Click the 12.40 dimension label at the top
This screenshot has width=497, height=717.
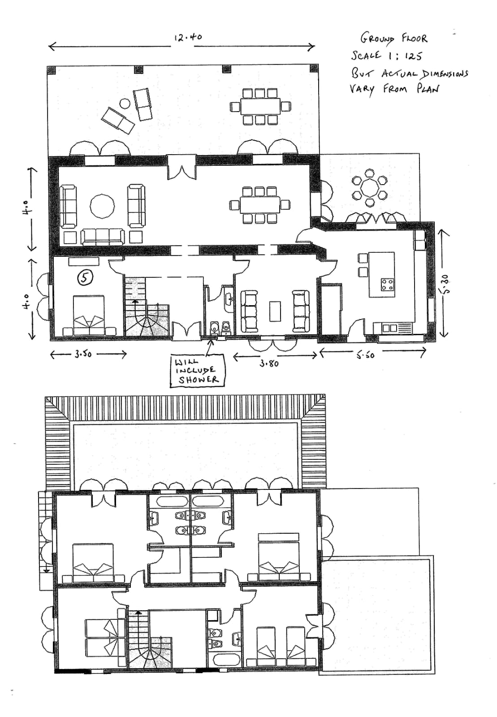[188, 37]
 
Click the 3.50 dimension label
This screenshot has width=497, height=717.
[83, 354]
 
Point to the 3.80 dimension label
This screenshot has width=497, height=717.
[269, 363]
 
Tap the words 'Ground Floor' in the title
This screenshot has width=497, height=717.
[394, 39]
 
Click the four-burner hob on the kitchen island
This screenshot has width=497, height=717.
[387, 285]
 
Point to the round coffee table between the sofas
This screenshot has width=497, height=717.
[102, 207]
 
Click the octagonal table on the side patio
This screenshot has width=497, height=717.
[369, 188]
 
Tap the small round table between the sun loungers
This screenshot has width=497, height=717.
[125, 104]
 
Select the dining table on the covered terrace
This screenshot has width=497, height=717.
[260, 106]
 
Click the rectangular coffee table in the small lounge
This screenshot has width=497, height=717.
[275, 311]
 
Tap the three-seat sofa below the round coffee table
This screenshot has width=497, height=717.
[103, 237]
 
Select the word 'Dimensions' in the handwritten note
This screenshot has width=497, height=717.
[444, 74]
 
